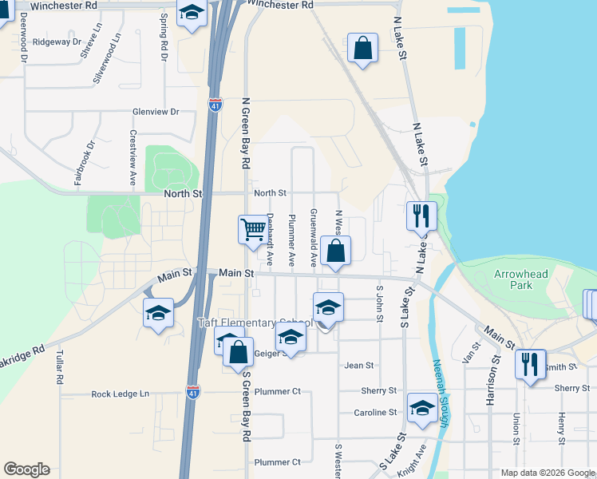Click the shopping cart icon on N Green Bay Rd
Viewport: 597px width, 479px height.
[x=253, y=230]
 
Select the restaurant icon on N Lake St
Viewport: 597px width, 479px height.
[x=421, y=216]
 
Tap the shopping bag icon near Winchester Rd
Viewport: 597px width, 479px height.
[x=362, y=48]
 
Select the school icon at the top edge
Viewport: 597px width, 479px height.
[x=192, y=13]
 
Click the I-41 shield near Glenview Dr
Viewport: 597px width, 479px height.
[x=215, y=104]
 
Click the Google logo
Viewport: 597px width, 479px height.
[x=26, y=469]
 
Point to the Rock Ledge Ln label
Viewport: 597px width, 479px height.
[x=120, y=394]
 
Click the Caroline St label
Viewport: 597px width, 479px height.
[x=375, y=413]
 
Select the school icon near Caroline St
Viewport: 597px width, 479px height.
[x=422, y=409]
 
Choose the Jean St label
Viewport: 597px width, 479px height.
[x=358, y=366]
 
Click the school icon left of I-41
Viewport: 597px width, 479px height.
[x=158, y=312]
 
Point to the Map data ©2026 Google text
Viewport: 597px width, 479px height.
[x=547, y=473]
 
